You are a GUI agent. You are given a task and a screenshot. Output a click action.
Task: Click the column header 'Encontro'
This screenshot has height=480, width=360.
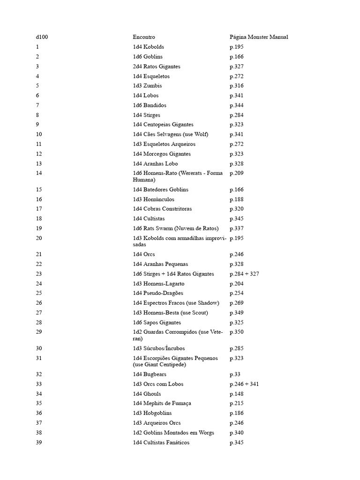coord(143,37)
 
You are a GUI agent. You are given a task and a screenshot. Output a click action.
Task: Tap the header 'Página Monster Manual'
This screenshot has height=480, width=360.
coord(258,37)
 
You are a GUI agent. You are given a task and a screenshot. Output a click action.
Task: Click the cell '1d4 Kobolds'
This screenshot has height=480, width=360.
coord(148,47)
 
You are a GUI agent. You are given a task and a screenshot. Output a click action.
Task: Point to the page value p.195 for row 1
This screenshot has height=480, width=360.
coord(236,47)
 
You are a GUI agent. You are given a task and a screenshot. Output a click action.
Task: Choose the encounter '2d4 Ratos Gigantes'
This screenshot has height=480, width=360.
coord(156,67)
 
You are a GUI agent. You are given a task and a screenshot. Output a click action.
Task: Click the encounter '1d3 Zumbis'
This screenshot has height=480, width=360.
coord(147,86)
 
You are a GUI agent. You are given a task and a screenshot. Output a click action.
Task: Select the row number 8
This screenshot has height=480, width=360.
coord(37,115)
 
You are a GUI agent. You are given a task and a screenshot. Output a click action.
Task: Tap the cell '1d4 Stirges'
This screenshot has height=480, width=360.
coord(146,115)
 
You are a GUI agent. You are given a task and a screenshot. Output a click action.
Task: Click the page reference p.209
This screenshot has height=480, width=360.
coord(236,173)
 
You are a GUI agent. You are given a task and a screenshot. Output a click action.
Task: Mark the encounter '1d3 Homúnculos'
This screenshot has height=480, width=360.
coord(153,199)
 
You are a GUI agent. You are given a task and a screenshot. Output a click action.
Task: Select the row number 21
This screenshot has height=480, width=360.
coord(38,254)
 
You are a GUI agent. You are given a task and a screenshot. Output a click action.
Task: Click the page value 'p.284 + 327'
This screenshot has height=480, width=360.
coord(244,274)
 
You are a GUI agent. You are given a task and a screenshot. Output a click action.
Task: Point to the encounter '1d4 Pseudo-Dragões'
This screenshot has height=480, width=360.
coord(157,293)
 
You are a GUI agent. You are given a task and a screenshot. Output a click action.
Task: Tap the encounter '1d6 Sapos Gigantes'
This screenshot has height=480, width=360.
coord(157,322)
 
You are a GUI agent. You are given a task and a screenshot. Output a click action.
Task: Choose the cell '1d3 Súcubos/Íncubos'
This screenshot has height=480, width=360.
coord(158,348)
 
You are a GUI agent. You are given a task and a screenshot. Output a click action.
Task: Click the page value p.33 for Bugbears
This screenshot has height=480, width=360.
coord(235,374)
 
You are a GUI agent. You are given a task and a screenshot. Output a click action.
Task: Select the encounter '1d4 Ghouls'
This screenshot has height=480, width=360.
coord(147,394)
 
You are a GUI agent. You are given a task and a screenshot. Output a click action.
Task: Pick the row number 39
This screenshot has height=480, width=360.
coord(38,442)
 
